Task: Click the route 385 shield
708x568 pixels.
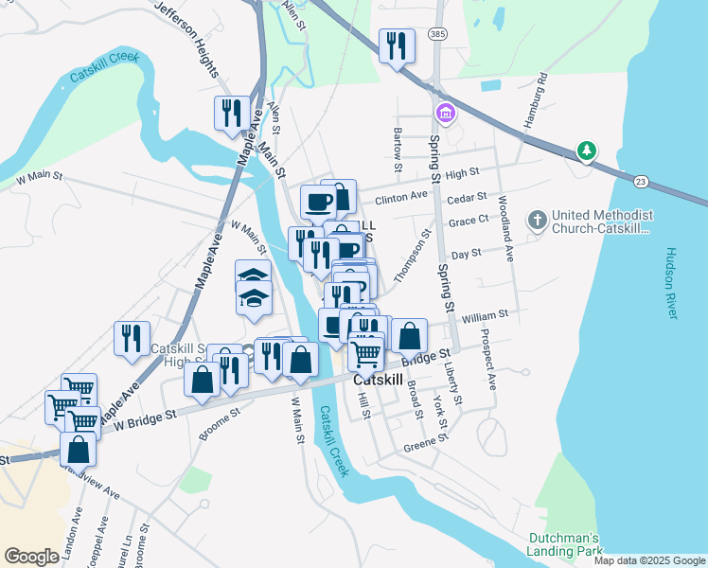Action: (437, 33)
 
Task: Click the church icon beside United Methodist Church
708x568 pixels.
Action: (538, 221)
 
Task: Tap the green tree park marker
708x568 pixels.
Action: (587, 151)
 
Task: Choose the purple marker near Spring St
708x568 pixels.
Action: (445, 115)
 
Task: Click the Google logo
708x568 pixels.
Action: (32, 557)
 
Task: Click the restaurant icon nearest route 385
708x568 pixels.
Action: (397, 44)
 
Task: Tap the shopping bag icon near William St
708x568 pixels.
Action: (409, 335)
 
